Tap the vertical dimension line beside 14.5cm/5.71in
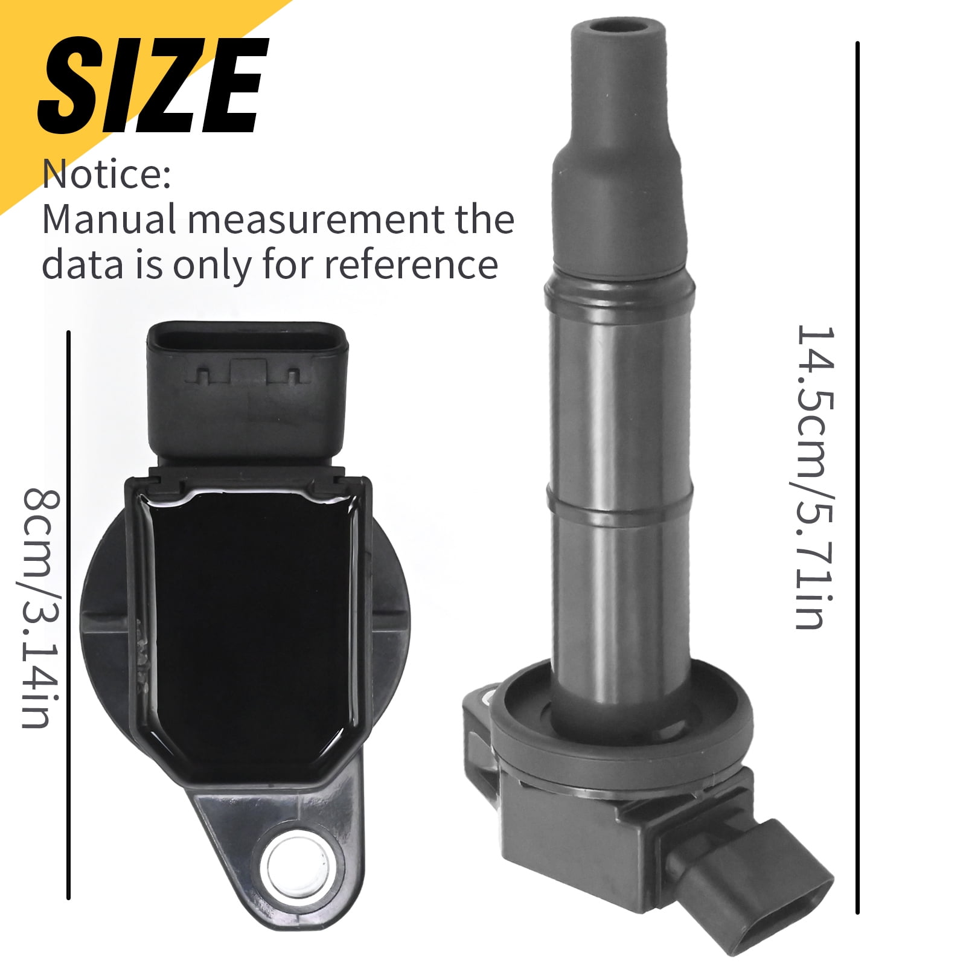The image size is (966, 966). coord(857,477)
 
